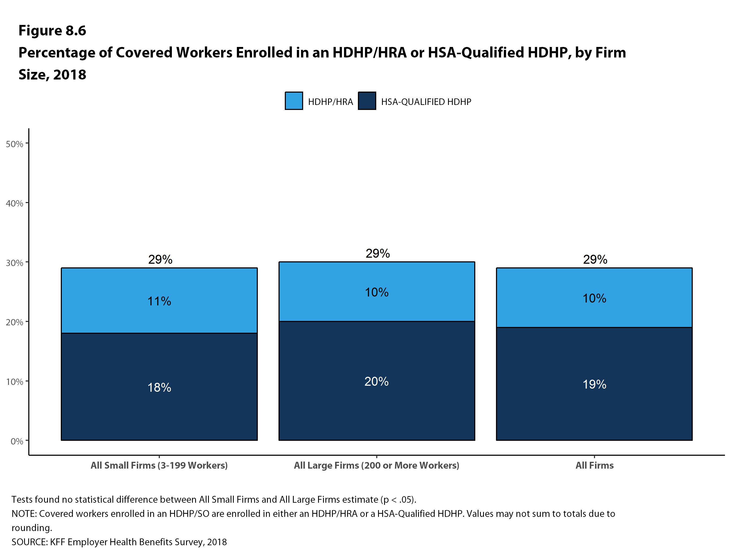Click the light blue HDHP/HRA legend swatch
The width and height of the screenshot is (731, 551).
click(293, 100)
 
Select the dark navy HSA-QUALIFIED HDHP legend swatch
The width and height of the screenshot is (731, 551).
click(367, 100)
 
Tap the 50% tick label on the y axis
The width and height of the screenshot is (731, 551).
click(14, 144)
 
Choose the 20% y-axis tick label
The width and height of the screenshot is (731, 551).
click(14, 322)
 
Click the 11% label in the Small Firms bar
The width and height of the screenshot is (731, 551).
click(159, 301)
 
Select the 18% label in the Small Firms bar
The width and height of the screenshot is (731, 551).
click(159, 387)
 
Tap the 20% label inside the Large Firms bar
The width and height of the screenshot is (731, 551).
click(377, 381)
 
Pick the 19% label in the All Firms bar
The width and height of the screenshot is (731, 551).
click(594, 384)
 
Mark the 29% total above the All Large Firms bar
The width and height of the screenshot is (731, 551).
click(377, 253)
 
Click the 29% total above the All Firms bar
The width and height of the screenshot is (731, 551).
click(595, 259)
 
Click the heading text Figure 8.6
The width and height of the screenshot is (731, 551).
click(52, 30)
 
